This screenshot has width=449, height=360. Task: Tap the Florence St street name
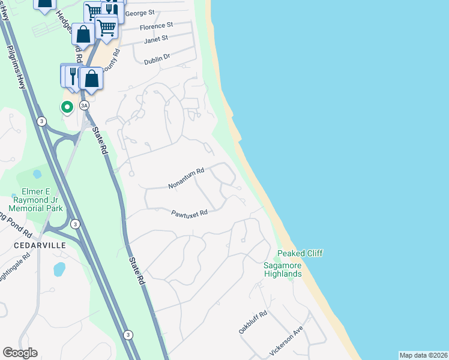(x=156, y=26)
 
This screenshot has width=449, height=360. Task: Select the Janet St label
(x=155, y=40)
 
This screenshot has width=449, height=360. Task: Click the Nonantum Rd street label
(x=186, y=178)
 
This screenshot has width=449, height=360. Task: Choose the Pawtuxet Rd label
(x=189, y=213)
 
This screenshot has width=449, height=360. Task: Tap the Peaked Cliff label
(x=300, y=254)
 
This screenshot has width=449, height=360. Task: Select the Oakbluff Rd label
(x=252, y=322)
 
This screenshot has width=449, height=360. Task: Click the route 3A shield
(x=85, y=106)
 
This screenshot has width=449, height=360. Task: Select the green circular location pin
(x=67, y=107)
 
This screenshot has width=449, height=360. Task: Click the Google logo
(x=20, y=353)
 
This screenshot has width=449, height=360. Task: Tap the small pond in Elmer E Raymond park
(x=37, y=174)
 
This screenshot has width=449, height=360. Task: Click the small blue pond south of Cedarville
(x=59, y=269)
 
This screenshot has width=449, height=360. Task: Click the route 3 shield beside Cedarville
(x=75, y=224)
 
